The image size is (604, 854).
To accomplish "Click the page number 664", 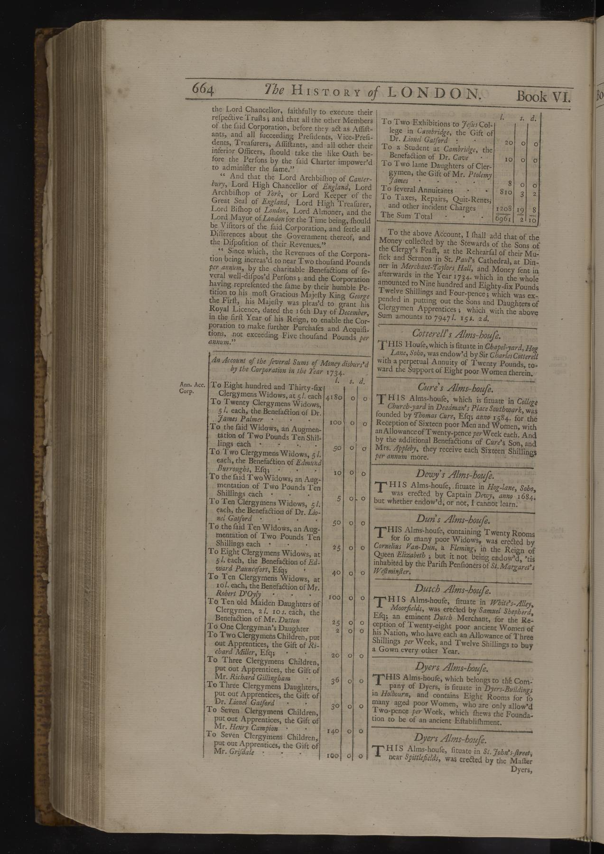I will point(204,90).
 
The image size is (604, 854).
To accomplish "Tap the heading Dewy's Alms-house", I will point(455,474).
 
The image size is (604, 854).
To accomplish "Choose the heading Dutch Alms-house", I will point(455,590).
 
